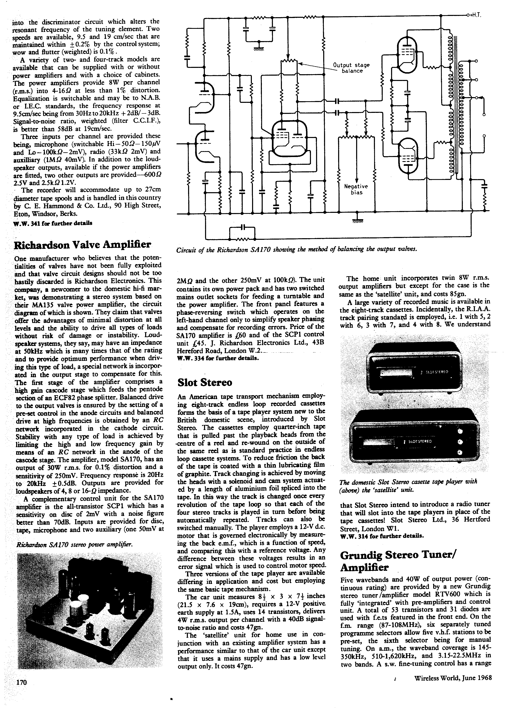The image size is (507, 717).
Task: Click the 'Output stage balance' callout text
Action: click(x=351, y=68)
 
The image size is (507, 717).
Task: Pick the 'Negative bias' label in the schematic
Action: click(x=356, y=189)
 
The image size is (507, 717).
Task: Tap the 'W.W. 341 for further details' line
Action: click(x=53, y=224)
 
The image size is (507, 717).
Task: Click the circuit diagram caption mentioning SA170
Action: click(x=297, y=249)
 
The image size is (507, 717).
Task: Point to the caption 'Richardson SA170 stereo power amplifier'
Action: click(x=74, y=545)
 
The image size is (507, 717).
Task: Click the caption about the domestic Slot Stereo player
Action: click(x=408, y=485)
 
